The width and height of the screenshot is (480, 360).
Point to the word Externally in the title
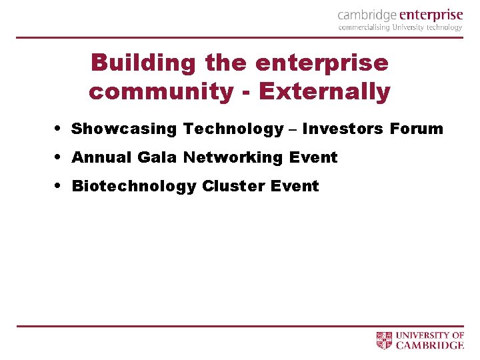(x=325, y=91)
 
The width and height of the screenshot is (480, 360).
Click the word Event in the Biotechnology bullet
(x=295, y=186)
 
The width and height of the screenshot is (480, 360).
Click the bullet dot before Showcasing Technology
(x=60, y=128)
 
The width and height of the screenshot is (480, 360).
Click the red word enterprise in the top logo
(x=432, y=15)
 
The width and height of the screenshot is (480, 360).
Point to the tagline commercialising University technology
(x=400, y=28)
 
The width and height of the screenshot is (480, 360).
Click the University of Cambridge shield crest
(x=385, y=341)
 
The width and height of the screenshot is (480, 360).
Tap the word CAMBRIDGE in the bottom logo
(x=430, y=345)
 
